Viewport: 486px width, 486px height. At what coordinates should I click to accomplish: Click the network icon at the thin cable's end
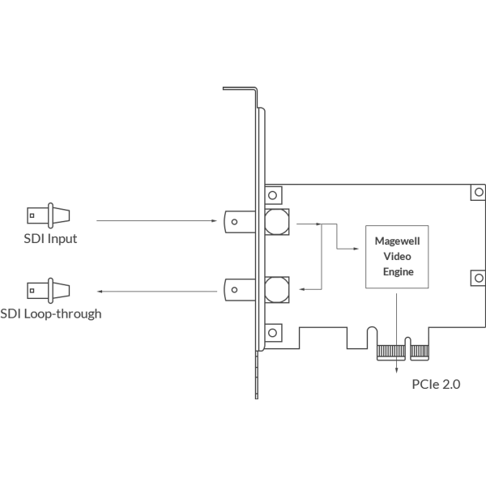point(49,217)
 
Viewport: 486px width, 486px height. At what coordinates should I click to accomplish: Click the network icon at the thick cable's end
point(49,288)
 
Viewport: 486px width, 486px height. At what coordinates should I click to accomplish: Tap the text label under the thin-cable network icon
point(49,240)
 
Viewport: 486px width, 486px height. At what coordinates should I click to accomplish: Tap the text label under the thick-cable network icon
point(53,316)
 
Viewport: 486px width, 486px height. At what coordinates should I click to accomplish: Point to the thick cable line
point(154,290)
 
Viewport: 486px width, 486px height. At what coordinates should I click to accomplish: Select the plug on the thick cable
point(230,289)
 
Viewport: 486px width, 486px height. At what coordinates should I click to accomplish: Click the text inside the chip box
point(396,254)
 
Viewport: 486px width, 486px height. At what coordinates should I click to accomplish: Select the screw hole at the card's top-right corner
point(477,193)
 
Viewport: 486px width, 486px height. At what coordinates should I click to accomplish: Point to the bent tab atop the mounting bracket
point(240,86)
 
